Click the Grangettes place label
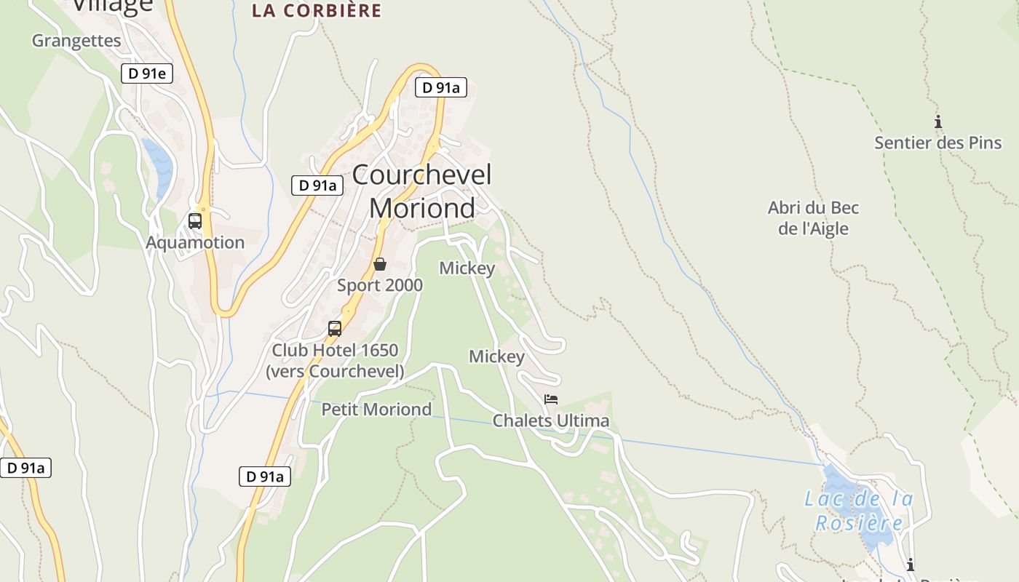(76, 41)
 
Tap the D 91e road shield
(146, 73)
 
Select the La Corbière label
(317, 11)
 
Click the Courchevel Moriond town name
(422, 191)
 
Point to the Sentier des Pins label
(937, 143)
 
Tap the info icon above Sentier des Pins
(938, 121)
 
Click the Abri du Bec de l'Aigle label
(813, 218)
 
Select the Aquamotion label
(195, 242)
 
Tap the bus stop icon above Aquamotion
(195, 220)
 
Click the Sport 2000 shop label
(379, 285)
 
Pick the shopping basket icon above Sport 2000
(379, 264)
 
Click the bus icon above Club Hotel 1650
(335, 328)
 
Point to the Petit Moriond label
(376, 410)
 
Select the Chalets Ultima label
(551, 421)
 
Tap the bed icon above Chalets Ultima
(551, 399)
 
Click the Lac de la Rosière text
(859, 511)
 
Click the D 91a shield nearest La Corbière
(440, 88)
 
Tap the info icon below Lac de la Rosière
(910, 565)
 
